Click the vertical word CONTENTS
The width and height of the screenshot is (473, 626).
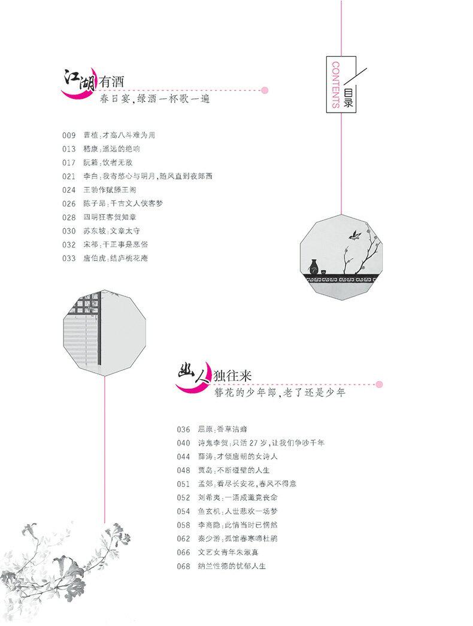point(335,84)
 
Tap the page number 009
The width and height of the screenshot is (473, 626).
point(69,135)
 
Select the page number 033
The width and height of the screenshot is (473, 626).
point(69,258)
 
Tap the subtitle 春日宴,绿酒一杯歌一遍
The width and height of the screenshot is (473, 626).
point(155,99)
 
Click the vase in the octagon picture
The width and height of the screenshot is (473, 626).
point(313,266)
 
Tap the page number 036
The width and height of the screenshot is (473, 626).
point(183,430)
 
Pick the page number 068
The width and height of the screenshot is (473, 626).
point(183,566)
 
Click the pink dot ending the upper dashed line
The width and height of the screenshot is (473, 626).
point(265,90)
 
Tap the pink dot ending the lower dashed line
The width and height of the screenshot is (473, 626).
point(379,385)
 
